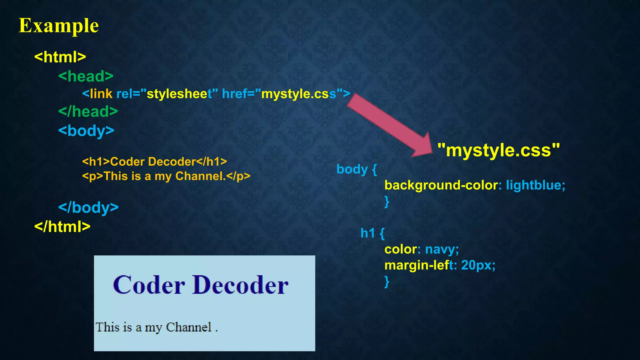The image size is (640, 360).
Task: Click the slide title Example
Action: tap(59, 26)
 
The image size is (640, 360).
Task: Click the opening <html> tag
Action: tap(60, 57)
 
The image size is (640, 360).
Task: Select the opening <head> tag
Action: tap(86, 76)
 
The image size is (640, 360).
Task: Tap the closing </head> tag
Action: tap(88, 112)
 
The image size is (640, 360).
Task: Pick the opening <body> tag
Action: tap(86, 131)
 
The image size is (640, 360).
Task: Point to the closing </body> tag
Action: tap(88, 207)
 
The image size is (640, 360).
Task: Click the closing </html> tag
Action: tap(62, 227)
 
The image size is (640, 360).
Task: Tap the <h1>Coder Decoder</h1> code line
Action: tap(154, 162)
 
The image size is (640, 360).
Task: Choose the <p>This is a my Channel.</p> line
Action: tap(166, 176)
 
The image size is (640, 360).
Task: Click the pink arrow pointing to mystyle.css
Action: tap(389, 125)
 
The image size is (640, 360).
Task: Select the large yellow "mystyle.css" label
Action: tap(498, 150)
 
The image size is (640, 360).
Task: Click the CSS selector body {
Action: tap(357, 169)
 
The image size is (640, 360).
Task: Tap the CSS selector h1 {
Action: tap(372, 233)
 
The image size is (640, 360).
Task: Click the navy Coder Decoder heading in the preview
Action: tap(200, 285)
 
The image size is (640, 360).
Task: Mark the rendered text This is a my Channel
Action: tap(156, 327)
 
